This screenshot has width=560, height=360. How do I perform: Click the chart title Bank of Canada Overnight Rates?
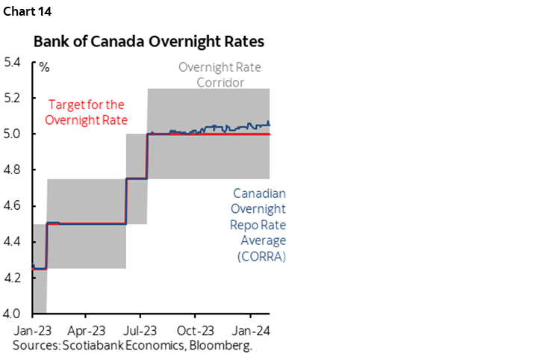[x=148, y=42]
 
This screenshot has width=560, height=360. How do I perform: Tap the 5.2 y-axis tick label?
[x=13, y=99]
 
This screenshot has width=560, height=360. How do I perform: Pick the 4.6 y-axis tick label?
[x=13, y=206]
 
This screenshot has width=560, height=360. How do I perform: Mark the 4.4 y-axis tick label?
[x=13, y=242]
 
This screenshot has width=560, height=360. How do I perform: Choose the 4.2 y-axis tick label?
[x=13, y=278]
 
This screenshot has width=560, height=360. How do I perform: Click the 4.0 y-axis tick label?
[x=13, y=314]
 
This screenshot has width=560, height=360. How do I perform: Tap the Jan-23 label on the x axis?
[x=31, y=329]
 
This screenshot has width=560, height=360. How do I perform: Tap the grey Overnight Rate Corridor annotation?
[x=220, y=75]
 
